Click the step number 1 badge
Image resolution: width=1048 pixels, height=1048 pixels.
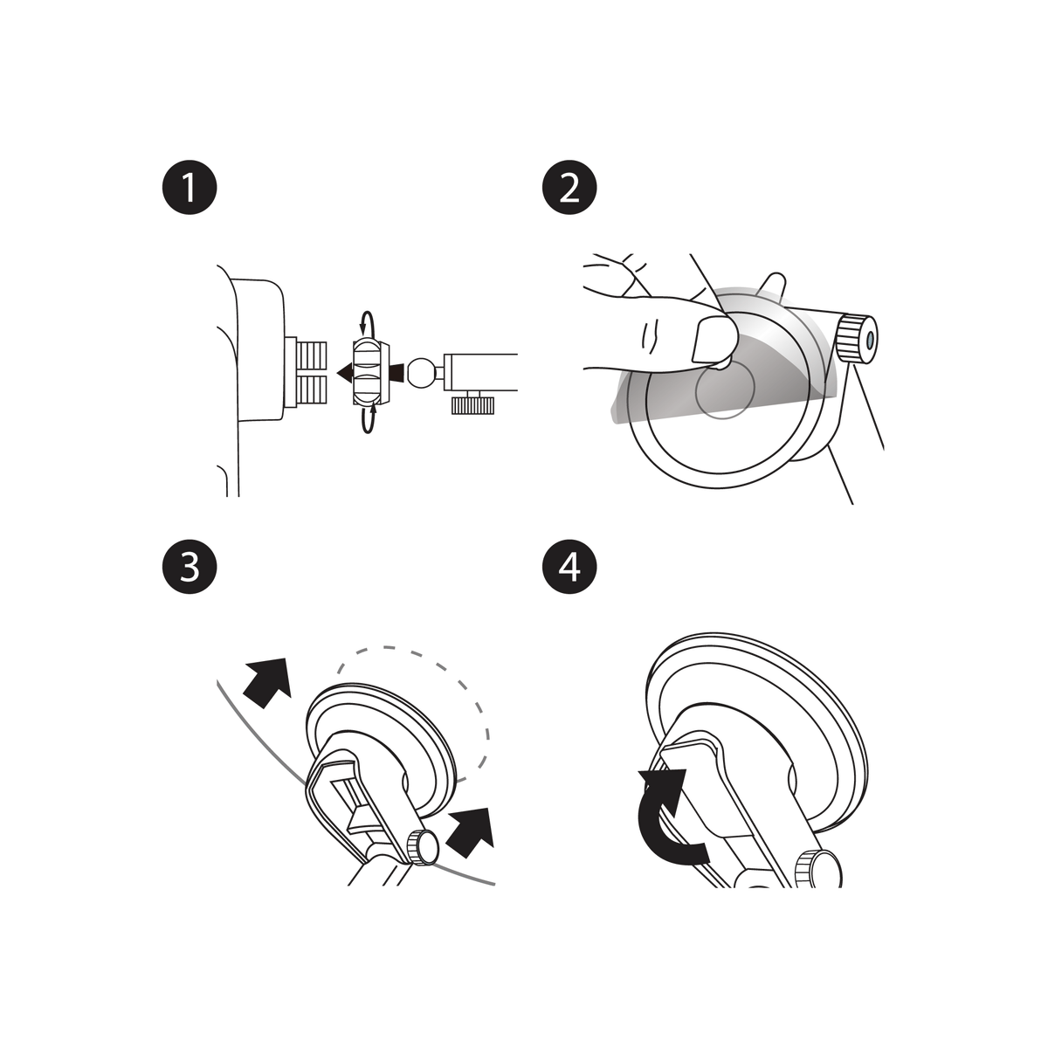point(189,189)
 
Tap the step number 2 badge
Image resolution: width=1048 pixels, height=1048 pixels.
point(569,189)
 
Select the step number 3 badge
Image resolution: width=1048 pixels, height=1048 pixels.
point(189,568)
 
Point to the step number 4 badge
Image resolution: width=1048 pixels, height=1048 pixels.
point(569,568)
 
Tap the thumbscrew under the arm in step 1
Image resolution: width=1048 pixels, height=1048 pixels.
point(473,403)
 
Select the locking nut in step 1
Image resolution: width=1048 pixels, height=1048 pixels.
point(368,373)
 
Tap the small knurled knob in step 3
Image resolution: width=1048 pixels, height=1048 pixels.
point(422,847)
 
